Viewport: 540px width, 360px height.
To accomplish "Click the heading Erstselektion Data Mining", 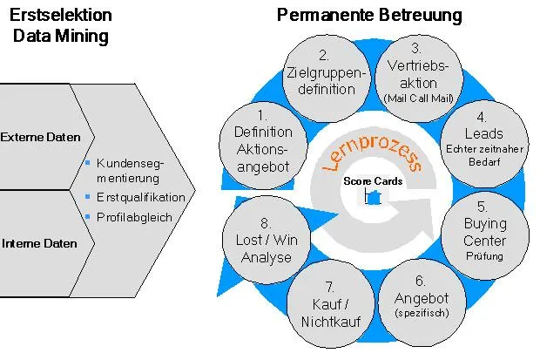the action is [x=61, y=25].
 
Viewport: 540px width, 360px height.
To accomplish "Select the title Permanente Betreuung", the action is [x=369, y=15].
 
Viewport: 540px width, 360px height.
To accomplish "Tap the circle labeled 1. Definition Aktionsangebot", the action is [x=263, y=146].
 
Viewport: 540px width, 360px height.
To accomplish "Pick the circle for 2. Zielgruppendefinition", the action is [x=327, y=78].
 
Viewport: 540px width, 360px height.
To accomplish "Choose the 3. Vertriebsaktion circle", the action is [x=419, y=78].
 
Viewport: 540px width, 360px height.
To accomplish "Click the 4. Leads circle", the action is [x=484, y=144].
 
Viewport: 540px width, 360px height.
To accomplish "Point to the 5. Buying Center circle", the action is [x=485, y=235].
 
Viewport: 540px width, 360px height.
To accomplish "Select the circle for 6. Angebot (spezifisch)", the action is [x=422, y=302].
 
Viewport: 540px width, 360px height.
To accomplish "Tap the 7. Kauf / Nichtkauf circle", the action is [x=331, y=303].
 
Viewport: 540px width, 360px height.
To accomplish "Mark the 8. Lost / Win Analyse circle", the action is [x=267, y=240].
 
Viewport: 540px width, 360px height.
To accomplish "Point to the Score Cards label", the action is [x=373, y=181].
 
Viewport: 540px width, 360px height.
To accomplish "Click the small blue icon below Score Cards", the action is [x=374, y=197].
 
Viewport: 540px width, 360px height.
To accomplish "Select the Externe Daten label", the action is [x=40, y=137].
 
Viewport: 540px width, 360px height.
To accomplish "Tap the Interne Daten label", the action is [x=39, y=243].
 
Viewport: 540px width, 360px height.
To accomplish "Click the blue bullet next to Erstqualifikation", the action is [x=87, y=196].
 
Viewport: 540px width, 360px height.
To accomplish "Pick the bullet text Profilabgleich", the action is [x=134, y=217].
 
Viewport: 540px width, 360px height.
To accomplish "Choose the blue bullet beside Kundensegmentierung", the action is [x=87, y=162].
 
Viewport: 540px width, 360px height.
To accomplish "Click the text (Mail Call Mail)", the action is [x=418, y=98].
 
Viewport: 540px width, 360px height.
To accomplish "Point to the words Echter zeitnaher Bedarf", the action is [x=484, y=155].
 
